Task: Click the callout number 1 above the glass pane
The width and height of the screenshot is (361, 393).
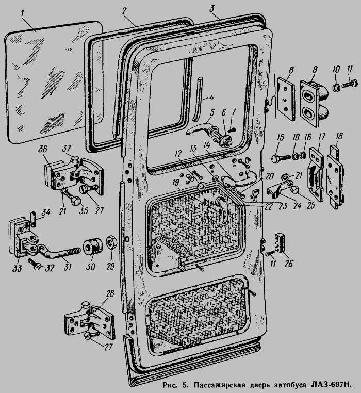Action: tap(23, 13)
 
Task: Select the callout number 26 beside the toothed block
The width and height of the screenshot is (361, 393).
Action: tap(289, 264)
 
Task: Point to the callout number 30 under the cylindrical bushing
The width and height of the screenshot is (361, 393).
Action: tap(90, 267)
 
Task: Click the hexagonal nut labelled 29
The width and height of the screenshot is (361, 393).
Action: tap(110, 242)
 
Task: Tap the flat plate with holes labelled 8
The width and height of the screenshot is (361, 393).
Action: tap(286, 99)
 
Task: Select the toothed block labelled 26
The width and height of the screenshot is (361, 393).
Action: tap(282, 242)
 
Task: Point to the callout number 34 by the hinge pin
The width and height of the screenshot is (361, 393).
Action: tap(46, 212)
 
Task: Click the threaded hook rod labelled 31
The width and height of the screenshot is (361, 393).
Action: tap(60, 253)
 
